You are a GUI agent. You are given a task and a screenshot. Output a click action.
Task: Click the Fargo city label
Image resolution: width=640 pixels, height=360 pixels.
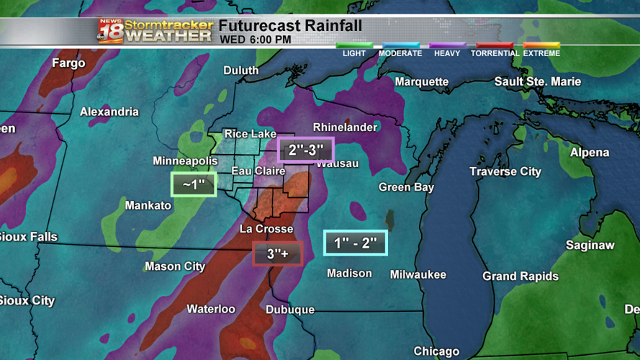pos(68,63)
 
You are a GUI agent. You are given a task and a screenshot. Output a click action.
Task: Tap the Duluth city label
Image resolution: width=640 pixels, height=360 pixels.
pos(240,70)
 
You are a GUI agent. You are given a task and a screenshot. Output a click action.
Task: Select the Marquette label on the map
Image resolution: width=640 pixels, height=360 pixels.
pos(421,82)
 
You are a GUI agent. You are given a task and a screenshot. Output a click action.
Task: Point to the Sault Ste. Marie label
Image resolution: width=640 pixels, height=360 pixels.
pos(537,81)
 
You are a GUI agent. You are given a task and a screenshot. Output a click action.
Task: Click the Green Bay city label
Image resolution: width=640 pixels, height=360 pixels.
pos(406,187)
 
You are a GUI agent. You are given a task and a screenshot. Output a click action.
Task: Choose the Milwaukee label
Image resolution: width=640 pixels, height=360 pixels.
pos(418,274)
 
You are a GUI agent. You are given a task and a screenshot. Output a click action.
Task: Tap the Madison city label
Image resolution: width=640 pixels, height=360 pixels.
pos(349,274)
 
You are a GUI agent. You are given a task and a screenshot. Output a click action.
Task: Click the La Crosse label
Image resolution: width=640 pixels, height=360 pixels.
pos(266,229)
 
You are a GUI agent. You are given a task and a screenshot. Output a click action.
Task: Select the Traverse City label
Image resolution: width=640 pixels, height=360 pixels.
pos(505,171)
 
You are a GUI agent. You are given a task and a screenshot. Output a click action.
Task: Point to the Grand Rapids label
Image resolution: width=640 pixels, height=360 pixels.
pos(520,276)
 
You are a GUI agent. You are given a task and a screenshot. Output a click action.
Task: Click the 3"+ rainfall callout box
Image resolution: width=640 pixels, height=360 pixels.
pos(277,253)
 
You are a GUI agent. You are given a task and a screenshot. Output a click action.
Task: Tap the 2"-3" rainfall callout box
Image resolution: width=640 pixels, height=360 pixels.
pos(306,150)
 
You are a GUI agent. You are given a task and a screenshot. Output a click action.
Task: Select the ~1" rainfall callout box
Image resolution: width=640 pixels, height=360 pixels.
pos(194,184)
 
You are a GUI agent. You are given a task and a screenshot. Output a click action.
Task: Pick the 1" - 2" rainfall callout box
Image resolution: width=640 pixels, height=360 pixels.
pos(355,243)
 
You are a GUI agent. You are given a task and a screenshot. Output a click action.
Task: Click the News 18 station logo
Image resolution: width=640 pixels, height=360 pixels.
pos(110,31)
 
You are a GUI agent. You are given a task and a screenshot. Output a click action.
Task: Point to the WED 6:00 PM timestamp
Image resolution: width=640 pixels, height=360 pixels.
pos(256,40)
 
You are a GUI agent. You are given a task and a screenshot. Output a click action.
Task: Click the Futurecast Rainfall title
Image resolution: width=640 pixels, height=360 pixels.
pos(290,26)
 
